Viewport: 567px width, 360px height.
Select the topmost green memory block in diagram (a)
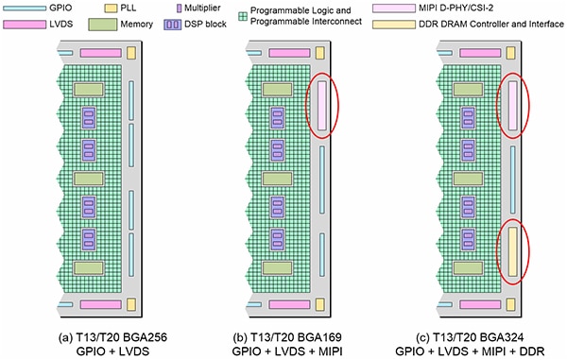click(x=88, y=89)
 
